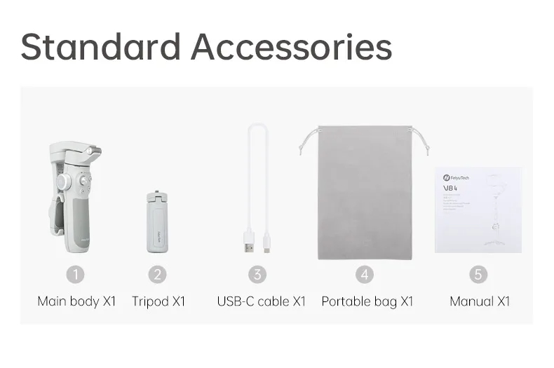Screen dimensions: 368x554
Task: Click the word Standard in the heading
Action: tap(100, 46)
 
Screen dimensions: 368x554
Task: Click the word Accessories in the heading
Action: tap(291, 46)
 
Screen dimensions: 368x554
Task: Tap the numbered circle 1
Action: tap(75, 274)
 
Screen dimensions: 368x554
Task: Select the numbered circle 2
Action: tap(158, 274)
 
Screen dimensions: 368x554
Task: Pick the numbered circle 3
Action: tap(258, 274)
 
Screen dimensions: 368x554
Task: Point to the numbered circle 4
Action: tap(364, 274)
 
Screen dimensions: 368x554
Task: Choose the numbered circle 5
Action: tap(478, 274)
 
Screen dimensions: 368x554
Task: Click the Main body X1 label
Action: tap(76, 301)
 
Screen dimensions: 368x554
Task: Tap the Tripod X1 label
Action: tap(158, 301)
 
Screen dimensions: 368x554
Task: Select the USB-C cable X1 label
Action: tap(262, 301)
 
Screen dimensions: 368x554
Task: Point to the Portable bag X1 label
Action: tap(367, 301)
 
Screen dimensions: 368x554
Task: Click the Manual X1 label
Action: tap(480, 301)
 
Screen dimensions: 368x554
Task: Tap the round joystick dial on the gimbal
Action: tap(64, 182)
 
